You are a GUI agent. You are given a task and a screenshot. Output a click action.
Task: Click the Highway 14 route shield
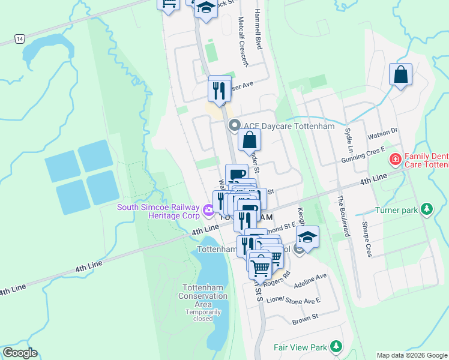(x=20, y=39)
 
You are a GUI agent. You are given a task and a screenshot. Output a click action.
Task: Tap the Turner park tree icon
(x=426, y=209)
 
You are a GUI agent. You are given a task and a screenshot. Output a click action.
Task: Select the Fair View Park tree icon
(x=336, y=347)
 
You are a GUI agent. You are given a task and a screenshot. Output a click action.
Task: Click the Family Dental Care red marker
(x=395, y=159)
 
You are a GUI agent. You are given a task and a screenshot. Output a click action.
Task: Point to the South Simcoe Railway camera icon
(x=208, y=209)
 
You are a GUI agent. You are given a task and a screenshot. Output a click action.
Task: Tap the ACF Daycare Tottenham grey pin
(x=234, y=125)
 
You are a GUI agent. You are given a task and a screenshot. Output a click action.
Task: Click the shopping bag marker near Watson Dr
(x=400, y=76)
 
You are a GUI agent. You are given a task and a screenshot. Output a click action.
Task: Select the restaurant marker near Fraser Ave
(x=220, y=89)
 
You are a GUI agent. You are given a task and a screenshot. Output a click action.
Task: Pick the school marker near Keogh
(x=308, y=237)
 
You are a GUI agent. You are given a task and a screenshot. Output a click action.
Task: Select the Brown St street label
(x=304, y=321)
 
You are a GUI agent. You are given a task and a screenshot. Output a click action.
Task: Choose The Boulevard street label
(x=342, y=217)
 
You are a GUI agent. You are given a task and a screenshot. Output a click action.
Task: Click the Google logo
(x=20, y=353)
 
